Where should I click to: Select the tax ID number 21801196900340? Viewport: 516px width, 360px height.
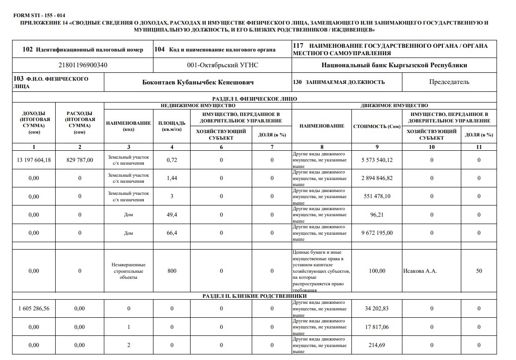coord(83,65)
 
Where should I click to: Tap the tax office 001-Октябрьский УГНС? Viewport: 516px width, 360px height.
coord(223,65)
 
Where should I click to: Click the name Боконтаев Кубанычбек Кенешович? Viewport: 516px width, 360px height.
coord(198,82)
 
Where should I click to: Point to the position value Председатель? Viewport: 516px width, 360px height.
coord(449,82)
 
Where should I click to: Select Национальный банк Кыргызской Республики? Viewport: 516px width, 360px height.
coord(394,65)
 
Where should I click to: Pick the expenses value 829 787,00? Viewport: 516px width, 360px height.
coord(80,160)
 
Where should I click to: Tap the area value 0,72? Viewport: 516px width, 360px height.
coord(172,160)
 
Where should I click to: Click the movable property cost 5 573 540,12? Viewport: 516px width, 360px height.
coord(377,160)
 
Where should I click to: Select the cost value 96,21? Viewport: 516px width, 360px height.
coord(377,215)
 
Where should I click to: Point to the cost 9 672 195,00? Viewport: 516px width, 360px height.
coord(377,233)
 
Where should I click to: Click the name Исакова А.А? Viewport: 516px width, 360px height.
coord(420,271)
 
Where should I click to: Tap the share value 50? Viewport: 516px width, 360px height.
coord(479,271)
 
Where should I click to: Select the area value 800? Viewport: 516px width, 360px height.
coord(172,271)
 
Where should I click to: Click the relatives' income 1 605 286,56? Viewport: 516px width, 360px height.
coord(34,309)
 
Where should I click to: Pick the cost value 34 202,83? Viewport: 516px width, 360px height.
coord(377,309)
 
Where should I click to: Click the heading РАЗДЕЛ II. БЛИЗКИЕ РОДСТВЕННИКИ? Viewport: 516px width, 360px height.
coord(255,296)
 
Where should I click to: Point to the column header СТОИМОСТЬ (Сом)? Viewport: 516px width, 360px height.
coord(377,126)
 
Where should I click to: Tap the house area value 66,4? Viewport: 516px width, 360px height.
coord(172,233)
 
